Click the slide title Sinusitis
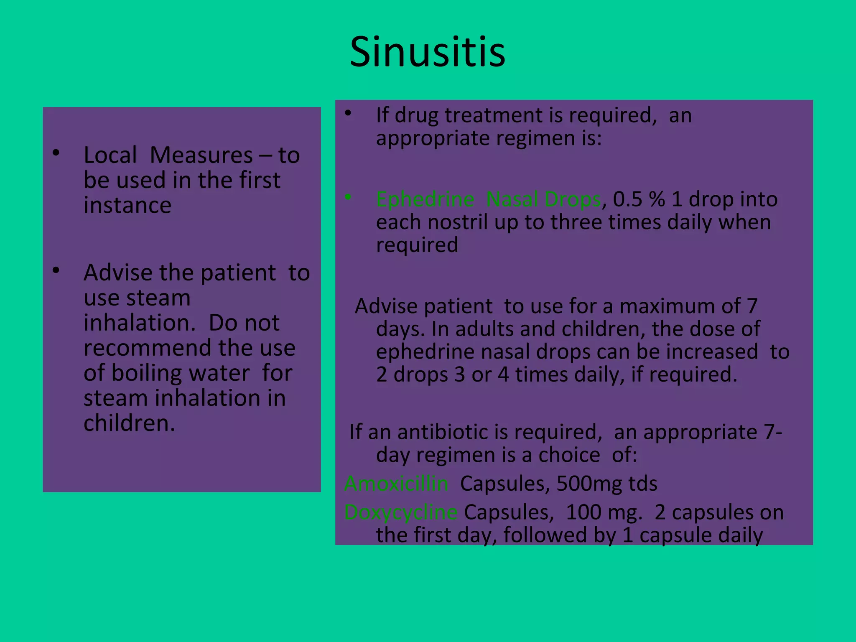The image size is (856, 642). tap(427, 52)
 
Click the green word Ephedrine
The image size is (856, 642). tap(425, 199)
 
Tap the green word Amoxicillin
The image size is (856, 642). tap(396, 484)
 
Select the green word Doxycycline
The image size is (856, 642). tap(401, 512)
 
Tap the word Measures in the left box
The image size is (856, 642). tap(201, 155)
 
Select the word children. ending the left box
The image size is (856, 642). tap(129, 423)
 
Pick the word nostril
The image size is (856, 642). tap(458, 222)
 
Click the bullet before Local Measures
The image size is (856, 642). tap(56, 153)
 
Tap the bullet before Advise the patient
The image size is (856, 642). tap(56, 270)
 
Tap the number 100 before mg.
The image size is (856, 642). tap(583, 512)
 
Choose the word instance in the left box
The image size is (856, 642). tap(127, 205)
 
